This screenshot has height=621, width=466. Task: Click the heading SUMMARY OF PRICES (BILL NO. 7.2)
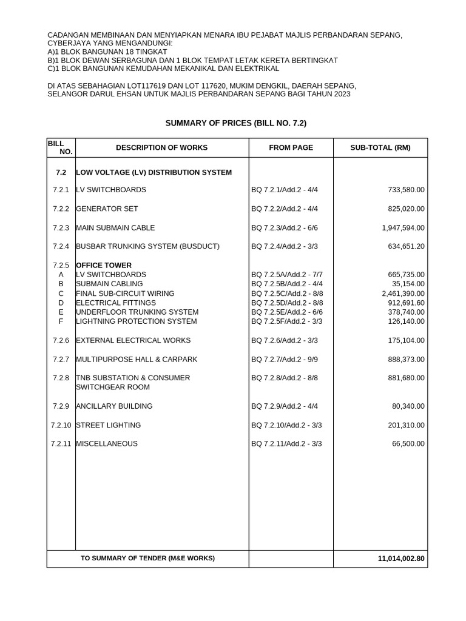click(236, 123)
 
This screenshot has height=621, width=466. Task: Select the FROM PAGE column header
click(291, 147)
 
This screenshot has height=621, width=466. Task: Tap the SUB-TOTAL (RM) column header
click(380, 147)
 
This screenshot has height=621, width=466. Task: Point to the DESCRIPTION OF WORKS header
click(161, 147)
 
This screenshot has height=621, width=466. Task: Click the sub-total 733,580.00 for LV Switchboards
click(406, 190)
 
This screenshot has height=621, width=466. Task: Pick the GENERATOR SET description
click(107, 209)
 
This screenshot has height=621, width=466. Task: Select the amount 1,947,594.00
click(403, 228)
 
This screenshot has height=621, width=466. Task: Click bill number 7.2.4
click(61, 247)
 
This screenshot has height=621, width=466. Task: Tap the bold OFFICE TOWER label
click(104, 266)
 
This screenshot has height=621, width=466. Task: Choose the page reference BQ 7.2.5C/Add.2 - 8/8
click(287, 294)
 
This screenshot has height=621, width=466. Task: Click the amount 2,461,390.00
click(403, 294)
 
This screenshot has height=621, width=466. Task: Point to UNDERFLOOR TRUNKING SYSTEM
click(137, 312)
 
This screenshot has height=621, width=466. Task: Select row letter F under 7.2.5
click(61, 321)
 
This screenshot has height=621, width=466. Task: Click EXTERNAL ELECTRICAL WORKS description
click(133, 340)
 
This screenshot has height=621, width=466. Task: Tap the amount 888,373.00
click(406, 360)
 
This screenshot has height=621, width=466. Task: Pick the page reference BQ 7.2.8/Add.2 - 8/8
click(285, 378)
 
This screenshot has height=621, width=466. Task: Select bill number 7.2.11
click(61, 444)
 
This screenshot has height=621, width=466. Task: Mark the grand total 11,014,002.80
click(400, 558)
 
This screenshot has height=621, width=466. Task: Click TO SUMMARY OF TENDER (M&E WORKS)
click(147, 558)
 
